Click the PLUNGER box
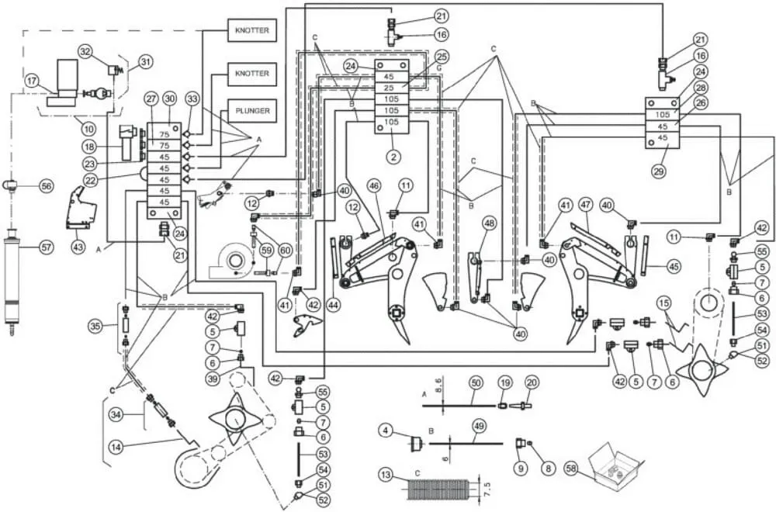point(252,111)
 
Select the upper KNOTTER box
point(252,30)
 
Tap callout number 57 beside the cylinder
point(46,247)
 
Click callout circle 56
point(46,186)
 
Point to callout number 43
point(78,247)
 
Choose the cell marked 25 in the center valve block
point(391,88)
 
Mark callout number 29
point(658,171)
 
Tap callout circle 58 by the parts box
point(572,469)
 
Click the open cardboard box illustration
point(616,465)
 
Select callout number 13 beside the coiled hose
point(386,476)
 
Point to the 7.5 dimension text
point(487,487)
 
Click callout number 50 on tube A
point(476,383)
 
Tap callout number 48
point(489,223)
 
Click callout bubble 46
point(374,186)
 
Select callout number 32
point(85,51)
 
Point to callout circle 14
point(116,448)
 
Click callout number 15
point(664,303)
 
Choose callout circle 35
point(95,326)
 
